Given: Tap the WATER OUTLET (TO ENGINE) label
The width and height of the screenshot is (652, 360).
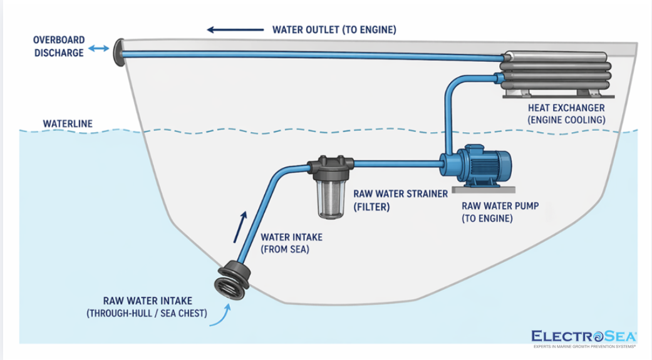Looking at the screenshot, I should [x=334, y=29].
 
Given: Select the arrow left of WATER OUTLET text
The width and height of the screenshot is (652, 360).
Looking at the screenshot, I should [x=235, y=29].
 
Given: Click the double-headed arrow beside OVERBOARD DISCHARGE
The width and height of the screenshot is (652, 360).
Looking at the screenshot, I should [x=98, y=49].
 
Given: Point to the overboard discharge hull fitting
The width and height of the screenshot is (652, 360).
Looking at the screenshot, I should [x=118, y=52].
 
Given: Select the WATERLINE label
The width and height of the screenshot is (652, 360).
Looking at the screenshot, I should [x=68, y=124].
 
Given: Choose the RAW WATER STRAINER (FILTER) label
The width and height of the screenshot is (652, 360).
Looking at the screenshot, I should [x=400, y=200].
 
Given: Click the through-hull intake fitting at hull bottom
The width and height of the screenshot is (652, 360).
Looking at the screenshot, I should [x=232, y=279].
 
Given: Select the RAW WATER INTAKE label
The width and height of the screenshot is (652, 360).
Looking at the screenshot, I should [x=147, y=307].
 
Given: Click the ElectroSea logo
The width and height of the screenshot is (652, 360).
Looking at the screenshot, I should [x=583, y=337].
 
